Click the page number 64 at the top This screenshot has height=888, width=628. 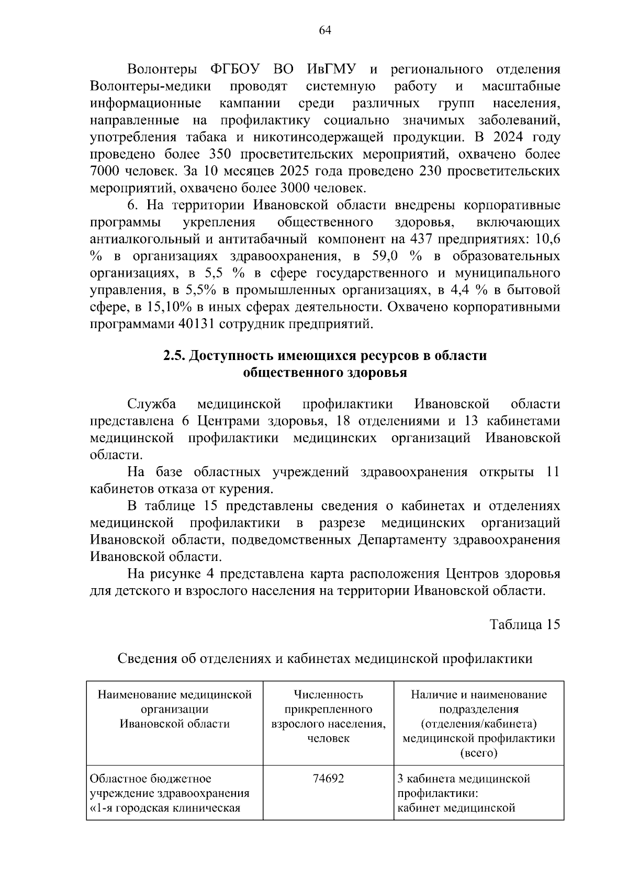324,30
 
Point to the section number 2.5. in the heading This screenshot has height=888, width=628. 174,356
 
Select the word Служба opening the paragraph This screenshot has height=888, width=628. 151,404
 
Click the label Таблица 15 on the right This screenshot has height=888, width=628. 525,624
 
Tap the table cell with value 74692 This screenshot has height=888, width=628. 328,778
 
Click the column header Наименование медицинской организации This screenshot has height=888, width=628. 175,709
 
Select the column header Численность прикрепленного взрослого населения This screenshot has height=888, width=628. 328,716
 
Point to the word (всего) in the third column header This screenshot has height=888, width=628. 478,753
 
